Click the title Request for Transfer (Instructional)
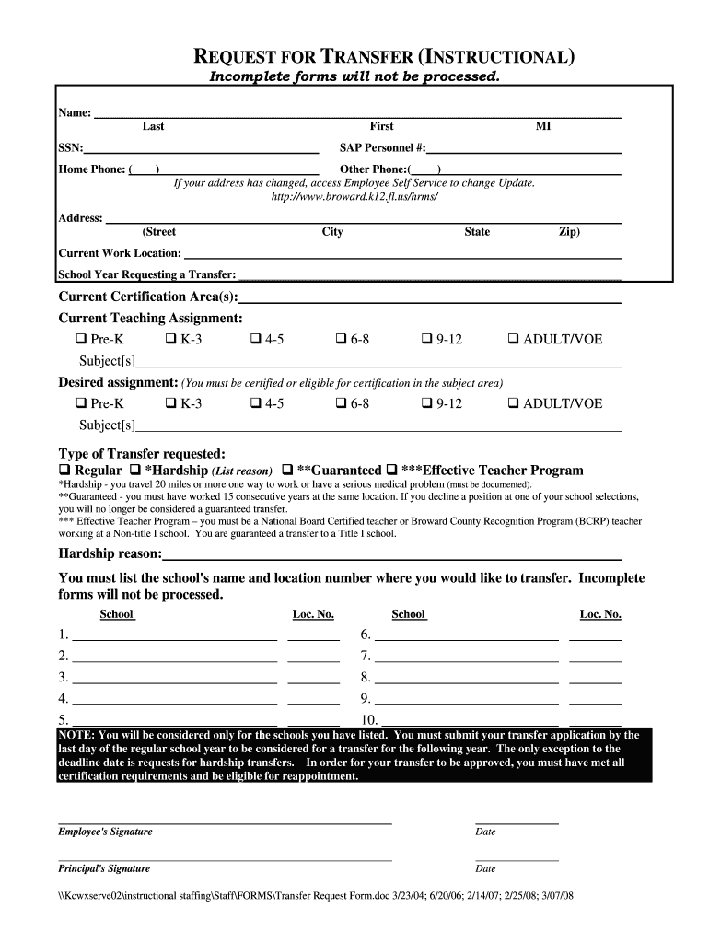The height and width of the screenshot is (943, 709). (x=388, y=57)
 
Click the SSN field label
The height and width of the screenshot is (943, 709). (x=71, y=147)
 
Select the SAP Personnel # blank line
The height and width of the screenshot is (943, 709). (x=524, y=149)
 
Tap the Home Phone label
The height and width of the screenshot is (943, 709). (x=92, y=169)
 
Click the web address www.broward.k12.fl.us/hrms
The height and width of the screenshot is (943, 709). (x=354, y=197)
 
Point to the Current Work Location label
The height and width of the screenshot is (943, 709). (x=120, y=253)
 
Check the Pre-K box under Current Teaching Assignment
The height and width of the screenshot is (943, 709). (x=81, y=340)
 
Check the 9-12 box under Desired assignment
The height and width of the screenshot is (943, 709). (x=427, y=404)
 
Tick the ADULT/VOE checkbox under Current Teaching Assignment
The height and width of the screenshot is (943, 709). (x=514, y=340)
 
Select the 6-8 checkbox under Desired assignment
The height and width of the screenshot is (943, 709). (x=342, y=404)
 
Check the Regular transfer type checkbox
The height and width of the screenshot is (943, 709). (x=64, y=471)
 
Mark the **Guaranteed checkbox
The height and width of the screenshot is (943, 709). (x=287, y=471)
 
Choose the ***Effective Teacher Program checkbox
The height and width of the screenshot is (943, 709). (x=391, y=471)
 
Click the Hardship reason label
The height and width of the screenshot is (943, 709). (x=110, y=553)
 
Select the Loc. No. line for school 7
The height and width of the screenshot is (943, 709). (x=595, y=659)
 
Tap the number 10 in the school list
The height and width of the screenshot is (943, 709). (x=369, y=720)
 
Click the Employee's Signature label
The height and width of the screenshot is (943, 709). (x=105, y=832)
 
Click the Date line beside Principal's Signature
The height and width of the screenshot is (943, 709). (x=517, y=859)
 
